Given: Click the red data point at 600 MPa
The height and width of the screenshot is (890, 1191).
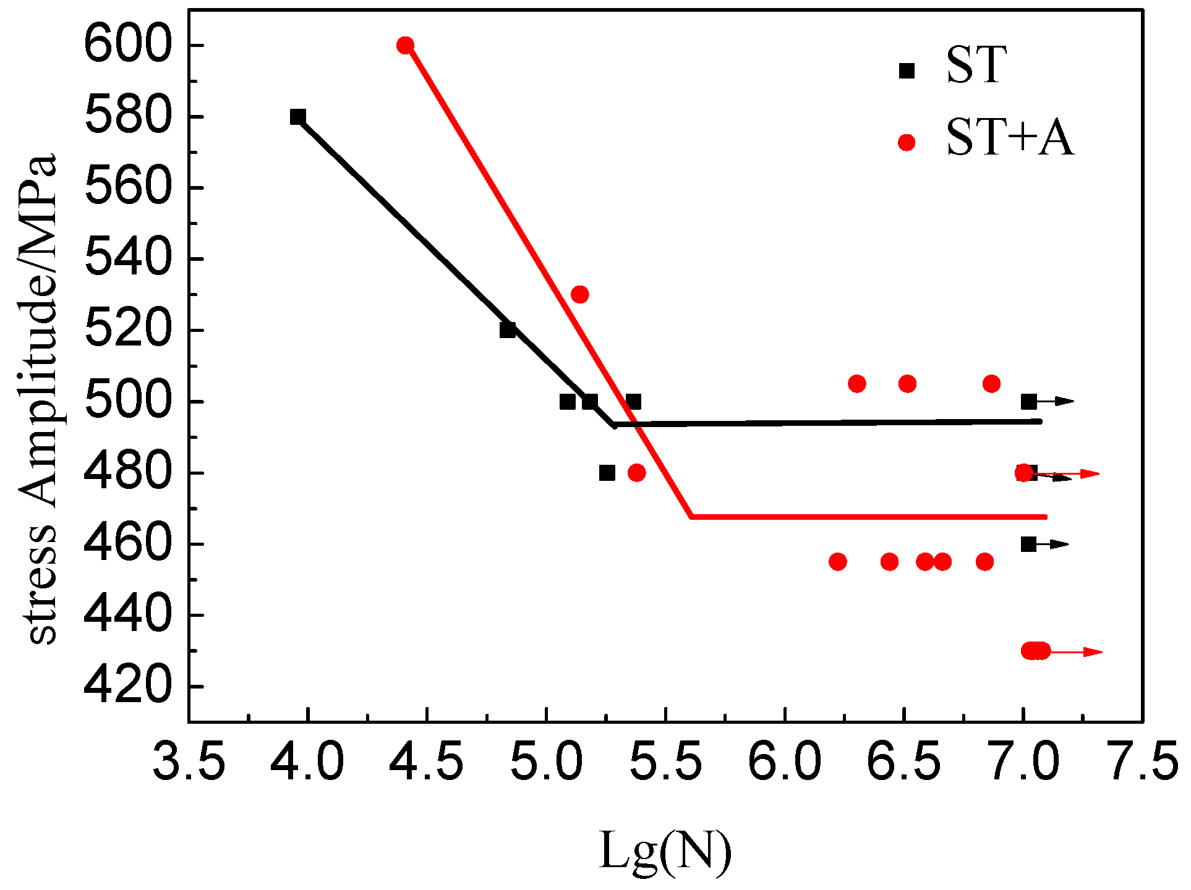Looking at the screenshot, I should (405, 45).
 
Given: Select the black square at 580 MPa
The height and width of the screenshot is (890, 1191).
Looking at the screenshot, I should (297, 117).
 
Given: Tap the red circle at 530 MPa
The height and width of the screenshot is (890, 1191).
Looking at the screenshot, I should (579, 294).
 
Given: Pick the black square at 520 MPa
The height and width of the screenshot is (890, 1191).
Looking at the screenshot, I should (507, 330).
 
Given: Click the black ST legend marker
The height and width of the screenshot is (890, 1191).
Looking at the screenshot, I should (907, 70).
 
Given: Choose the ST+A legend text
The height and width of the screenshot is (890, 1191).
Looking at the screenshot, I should (1010, 137).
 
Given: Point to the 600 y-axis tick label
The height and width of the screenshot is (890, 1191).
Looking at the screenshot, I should (127, 45).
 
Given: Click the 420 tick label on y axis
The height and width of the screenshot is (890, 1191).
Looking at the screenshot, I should (127, 686).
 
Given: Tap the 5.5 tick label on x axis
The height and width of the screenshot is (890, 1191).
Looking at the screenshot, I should (665, 761).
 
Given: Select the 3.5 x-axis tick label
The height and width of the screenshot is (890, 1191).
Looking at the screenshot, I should (189, 761).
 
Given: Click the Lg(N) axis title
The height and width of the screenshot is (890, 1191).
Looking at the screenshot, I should (665, 851).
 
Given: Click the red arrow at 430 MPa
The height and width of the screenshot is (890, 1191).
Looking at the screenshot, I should (1076, 651).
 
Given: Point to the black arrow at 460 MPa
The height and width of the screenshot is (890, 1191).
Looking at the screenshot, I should (1052, 545).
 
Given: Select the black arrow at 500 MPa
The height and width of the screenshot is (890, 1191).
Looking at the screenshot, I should (1056, 402).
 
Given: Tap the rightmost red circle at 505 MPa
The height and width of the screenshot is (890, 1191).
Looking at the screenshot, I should (991, 384).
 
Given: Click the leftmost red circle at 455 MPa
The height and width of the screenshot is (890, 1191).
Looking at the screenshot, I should (837, 562).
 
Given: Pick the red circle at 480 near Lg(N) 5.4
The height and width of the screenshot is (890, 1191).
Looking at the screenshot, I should (636, 473).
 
